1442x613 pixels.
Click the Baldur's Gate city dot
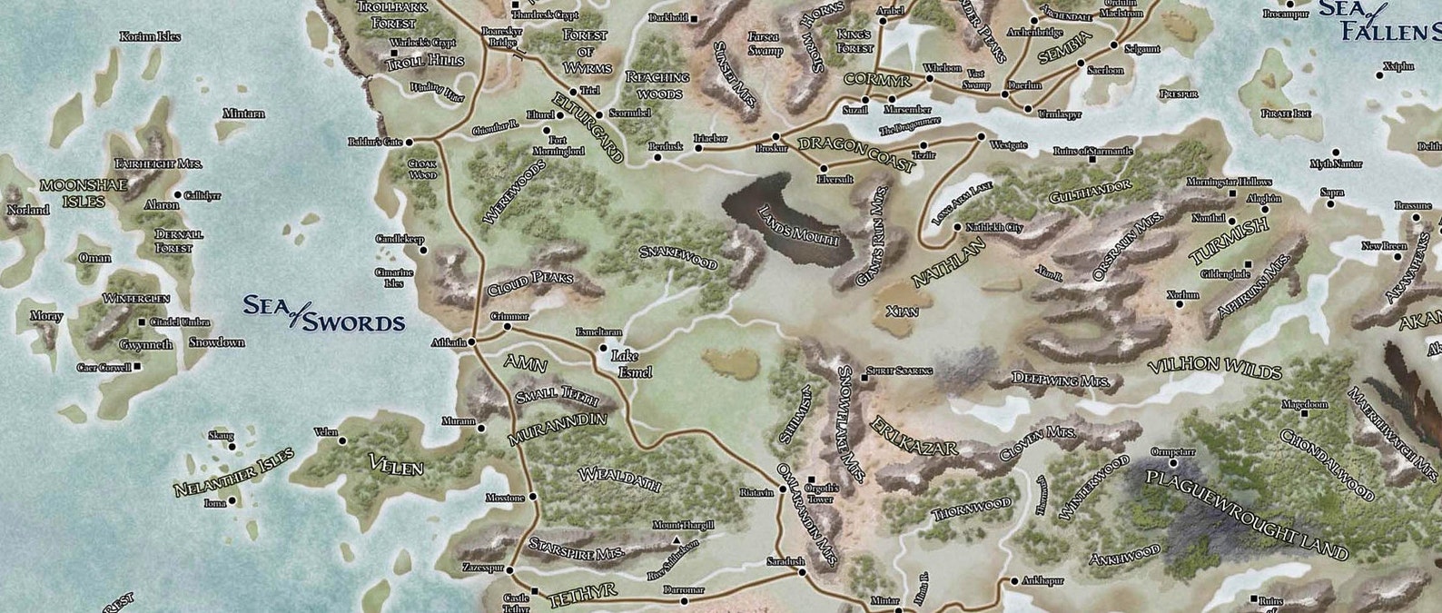(409, 142)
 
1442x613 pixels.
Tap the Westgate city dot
(981, 137)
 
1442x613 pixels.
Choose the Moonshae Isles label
(72, 193)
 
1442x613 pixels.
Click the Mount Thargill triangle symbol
(677, 539)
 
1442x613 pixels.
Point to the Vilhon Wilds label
(1214, 369)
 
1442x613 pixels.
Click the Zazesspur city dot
(509, 570)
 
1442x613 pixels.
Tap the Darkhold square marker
(693, 18)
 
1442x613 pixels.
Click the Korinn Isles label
(150, 36)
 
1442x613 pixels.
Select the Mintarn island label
(244, 114)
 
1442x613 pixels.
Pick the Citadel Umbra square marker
(141, 322)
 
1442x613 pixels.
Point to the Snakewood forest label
(678, 257)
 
